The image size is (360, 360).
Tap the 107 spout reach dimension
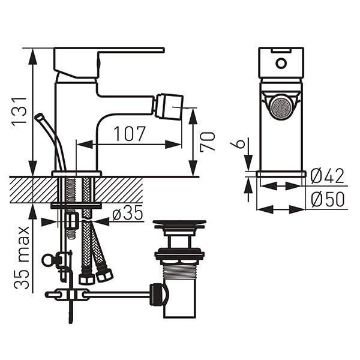129,133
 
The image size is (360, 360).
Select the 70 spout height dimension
207,142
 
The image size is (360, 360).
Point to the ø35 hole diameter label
127,213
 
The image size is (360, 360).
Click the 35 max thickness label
22,258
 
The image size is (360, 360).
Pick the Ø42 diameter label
328,176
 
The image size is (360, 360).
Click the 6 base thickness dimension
239,144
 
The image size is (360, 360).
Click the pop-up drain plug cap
179,225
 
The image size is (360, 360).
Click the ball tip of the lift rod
40,116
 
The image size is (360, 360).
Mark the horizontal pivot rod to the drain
120,294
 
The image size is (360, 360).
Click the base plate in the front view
281,173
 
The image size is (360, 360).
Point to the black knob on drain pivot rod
157,295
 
